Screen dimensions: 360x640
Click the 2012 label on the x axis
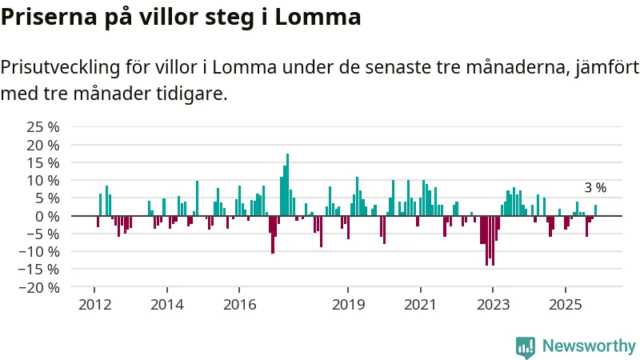(x=94, y=305)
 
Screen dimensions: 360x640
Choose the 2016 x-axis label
(x=239, y=305)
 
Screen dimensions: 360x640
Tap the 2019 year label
(x=348, y=305)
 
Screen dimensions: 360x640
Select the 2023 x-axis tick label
(x=493, y=305)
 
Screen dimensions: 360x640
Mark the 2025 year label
(x=565, y=305)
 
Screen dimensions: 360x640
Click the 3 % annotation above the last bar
(x=595, y=188)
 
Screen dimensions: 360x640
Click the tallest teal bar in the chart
(x=287, y=185)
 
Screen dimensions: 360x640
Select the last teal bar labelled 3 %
(x=595, y=210)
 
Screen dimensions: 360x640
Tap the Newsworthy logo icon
(x=526, y=346)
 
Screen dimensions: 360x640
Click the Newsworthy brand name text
(x=589, y=346)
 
